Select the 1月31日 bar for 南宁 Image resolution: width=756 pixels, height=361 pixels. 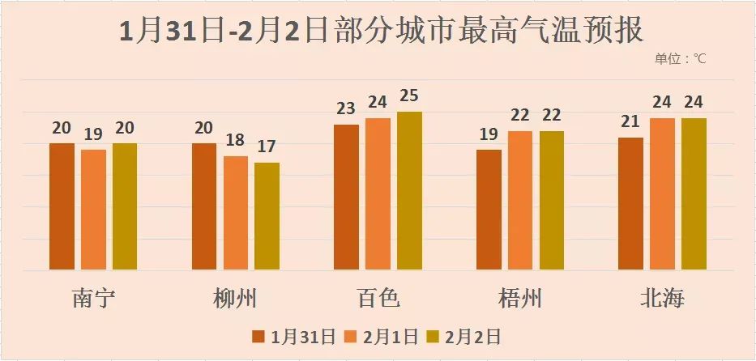coord(62,206)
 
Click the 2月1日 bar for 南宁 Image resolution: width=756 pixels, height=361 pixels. coord(93,210)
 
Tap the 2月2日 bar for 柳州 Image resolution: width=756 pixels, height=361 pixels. coord(267,216)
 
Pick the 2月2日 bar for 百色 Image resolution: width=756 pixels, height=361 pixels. coord(409,191)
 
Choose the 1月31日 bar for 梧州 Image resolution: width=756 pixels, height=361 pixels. coord(489,210)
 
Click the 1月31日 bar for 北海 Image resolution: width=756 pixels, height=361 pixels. coord(631,204)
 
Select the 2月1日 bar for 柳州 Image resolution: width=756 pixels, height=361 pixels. coord(236,213)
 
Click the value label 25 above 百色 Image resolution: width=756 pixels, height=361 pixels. coord(409,96)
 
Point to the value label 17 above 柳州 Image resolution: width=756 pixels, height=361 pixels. coord(267,147)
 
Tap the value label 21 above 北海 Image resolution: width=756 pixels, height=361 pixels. coord(631,122)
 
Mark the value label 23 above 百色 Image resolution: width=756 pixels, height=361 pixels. coord(347,109)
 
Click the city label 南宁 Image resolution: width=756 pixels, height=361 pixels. coord(93,298)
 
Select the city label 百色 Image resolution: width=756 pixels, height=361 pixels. coord(378,298)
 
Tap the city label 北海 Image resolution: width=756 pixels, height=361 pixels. coord(662,298)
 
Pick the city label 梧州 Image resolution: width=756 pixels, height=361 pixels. coord(520,298)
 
